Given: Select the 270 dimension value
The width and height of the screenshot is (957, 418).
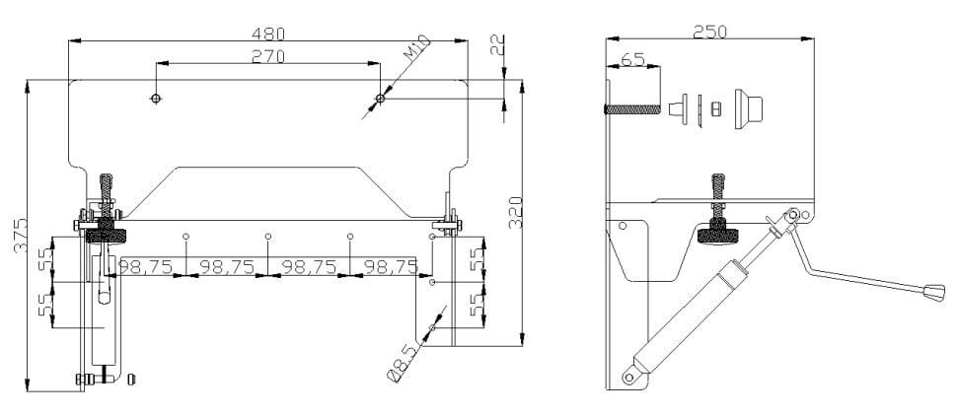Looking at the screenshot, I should pyautogui.click(x=267, y=56).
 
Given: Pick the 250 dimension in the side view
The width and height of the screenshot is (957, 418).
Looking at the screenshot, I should pyautogui.click(x=709, y=32).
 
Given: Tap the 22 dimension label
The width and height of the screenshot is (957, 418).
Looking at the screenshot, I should pyautogui.click(x=497, y=45).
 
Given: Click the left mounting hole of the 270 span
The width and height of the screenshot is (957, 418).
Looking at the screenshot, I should pyautogui.click(x=155, y=99).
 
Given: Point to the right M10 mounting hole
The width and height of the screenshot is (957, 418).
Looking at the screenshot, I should pyautogui.click(x=380, y=99).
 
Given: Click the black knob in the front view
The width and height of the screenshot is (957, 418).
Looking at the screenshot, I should pyautogui.click(x=107, y=235).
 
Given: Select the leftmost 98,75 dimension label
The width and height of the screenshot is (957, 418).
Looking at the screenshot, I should pyautogui.click(x=146, y=267).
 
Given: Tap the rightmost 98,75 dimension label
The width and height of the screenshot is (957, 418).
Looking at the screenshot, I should pyautogui.click(x=391, y=267).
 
